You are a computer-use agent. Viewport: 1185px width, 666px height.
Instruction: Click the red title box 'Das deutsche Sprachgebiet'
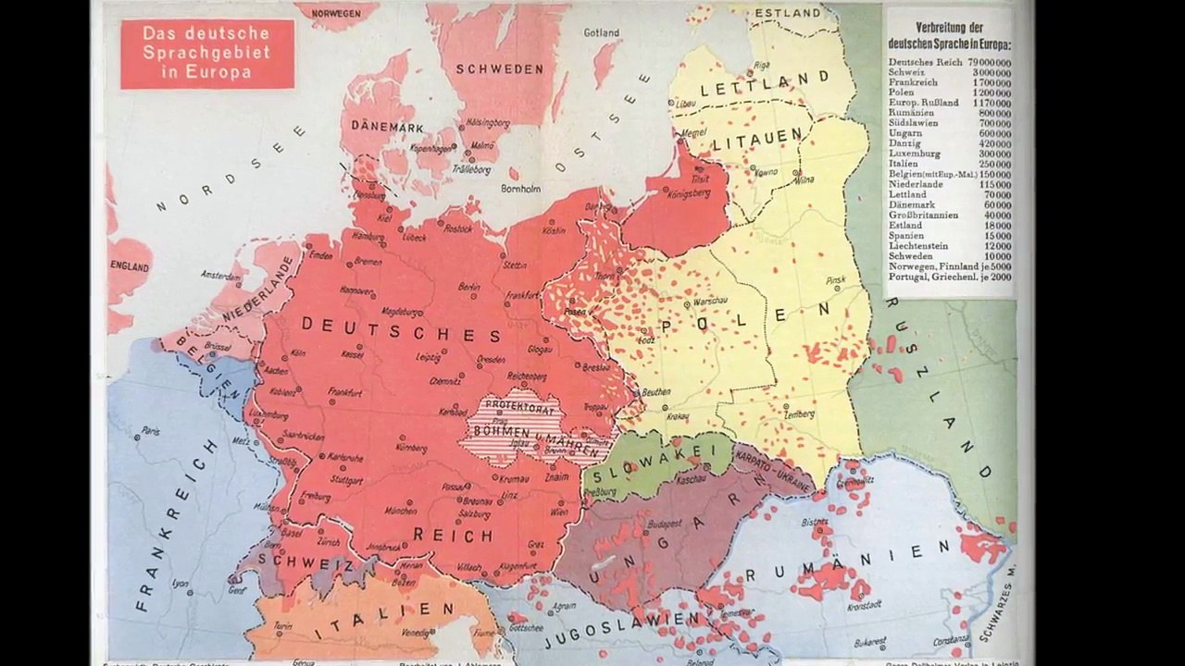pyautogui.click(x=206, y=54)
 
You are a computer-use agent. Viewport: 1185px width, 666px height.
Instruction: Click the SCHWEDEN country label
pyautogui.click(x=499, y=69)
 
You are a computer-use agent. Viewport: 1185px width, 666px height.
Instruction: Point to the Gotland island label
pyautogui.click(x=601, y=33)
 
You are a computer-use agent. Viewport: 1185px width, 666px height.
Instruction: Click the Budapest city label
pyautogui.click(x=665, y=523)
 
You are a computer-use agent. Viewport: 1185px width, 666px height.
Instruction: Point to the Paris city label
pyautogui.click(x=150, y=431)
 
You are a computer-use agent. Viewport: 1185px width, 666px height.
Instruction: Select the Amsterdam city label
pyautogui.click(x=221, y=276)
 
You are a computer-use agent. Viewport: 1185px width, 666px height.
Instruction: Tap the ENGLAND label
pyautogui.click(x=130, y=266)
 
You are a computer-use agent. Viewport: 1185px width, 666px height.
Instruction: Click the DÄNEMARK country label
pyautogui.click(x=387, y=127)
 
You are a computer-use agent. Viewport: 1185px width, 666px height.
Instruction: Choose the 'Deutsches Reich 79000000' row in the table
pyautogui.click(x=949, y=62)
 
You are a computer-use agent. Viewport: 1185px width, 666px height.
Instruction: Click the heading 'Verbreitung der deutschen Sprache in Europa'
pyautogui.click(x=949, y=34)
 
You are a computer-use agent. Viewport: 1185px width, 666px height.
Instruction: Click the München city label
pyautogui.click(x=401, y=511)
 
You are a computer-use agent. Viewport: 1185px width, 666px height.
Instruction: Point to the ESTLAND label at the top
pyautogui.click(x=788, y=13)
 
